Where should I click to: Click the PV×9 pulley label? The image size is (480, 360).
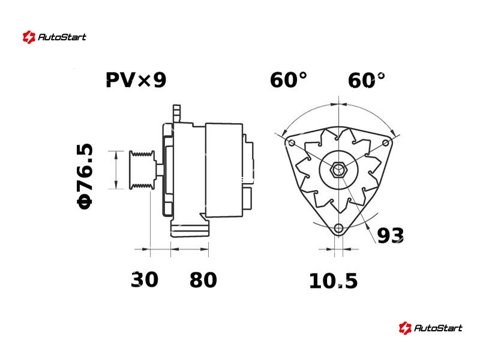[136, 80]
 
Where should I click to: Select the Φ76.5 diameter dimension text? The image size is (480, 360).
[85, 176]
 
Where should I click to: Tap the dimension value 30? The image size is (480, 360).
[145, 280]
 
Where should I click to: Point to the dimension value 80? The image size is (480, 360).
[203, 280]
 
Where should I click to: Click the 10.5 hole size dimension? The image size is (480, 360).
[334, 281]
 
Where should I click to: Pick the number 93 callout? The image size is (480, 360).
[391, 236]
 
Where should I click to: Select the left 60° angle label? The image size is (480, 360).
[288, 80]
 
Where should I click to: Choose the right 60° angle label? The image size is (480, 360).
[366, 80]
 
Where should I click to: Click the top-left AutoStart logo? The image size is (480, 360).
[55, 37]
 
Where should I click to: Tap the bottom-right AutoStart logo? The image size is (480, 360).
[430, 328]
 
